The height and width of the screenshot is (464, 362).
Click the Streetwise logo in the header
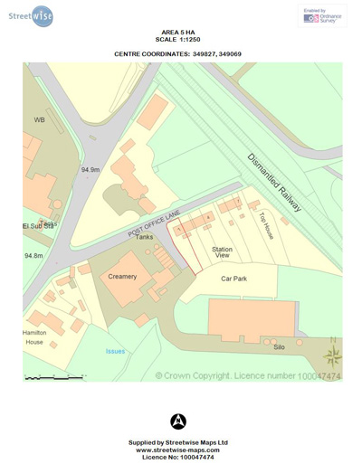[x=31, y=15]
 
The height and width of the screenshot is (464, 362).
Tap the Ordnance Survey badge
[x=321, y=15]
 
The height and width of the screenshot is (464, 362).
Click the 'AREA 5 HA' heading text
[x=178, y=33]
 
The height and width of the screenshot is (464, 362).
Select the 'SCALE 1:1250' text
[x=178, y=40]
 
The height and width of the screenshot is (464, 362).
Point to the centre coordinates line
[x=178, y=54]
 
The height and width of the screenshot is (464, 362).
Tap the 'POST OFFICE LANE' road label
[x=155, y=223]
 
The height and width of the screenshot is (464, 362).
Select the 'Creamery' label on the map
[x=122, y=276]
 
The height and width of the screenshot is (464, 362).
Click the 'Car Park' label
[x=233, y=279]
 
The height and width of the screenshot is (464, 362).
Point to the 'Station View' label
[x=222, y=252]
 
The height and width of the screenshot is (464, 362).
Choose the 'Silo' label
[x=279, y=345]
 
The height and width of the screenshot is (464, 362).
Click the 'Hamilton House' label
[x=34, y=337]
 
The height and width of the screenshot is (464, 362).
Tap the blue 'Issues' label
[x=115, y=351]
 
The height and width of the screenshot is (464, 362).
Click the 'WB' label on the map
[x=39, y=119]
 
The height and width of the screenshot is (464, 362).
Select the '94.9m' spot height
[x=90, y=169]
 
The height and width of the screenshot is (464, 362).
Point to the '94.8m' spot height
[x=33, y=256]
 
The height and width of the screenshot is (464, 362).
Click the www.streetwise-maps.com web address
[x=178, y=450]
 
